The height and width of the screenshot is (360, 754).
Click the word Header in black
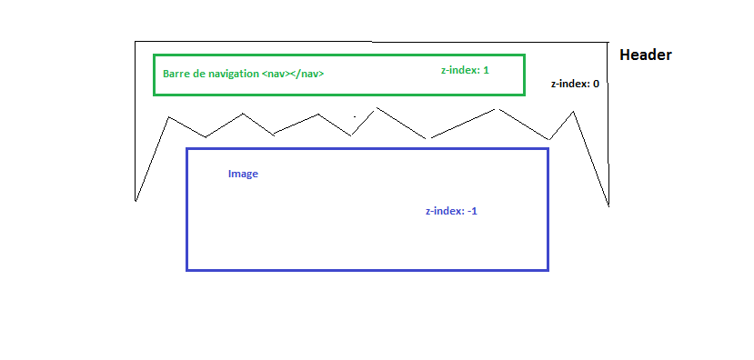point(645,55)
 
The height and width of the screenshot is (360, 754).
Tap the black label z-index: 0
point(575,84)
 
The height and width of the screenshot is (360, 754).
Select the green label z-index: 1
point(465,70)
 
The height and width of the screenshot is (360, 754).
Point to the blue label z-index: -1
point(451,211)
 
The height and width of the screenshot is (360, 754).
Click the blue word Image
point(243,174)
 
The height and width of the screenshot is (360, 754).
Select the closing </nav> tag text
point(307,75)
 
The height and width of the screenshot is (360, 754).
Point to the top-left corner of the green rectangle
point(155,56)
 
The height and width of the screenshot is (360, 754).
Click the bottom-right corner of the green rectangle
point(524,94)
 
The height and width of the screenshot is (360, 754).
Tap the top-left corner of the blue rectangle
point(187,149)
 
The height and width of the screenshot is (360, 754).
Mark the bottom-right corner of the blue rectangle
point(548,269)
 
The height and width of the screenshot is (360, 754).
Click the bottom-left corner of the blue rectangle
point(187,269)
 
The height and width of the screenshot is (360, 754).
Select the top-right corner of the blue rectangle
point(548,149)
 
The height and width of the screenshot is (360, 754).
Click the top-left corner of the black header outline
point(136,42)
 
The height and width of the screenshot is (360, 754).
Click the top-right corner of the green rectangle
point(524,56)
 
